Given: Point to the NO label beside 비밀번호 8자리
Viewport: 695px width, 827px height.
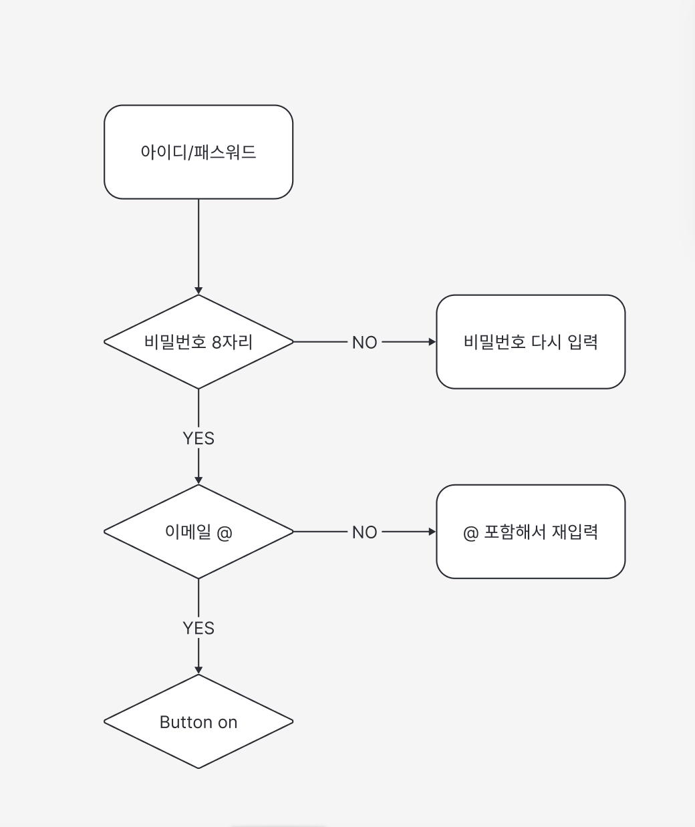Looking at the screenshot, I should [364, 343].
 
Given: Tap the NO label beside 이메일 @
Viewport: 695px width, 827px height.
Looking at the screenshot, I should [364, 532].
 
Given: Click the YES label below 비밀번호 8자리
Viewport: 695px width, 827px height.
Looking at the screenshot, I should [198, 438].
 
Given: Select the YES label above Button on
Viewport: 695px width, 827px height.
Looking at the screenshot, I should [198, 628].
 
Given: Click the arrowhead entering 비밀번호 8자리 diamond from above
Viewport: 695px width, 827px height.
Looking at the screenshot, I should [198, 291].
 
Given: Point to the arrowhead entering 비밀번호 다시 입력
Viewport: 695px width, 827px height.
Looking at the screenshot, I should [432, 342].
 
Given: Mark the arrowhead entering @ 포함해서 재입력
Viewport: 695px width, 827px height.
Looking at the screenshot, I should [432, 532].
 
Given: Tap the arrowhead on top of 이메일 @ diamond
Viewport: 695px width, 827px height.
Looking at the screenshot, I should [198, 480].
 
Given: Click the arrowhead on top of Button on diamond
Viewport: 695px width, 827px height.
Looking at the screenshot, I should [198, 670].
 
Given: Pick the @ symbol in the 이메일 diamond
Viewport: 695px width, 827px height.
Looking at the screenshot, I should [225, 532].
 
